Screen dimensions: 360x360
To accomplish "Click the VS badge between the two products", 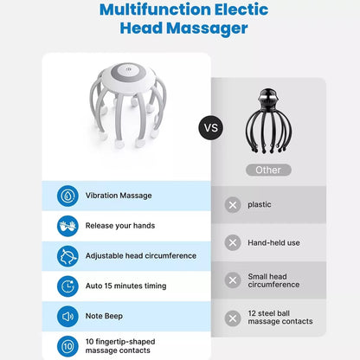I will click(x=211, y=129).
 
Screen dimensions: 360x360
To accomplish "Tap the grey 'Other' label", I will click(x=268, y=170).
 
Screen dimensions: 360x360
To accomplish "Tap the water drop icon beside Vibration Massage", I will click(x=67, y=196).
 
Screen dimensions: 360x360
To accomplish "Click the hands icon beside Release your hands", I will click(x=67, y=226).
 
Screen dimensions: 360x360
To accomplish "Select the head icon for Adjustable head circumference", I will click(x=67, y=256).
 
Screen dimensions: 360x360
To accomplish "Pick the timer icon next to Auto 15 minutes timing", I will click(x=67, y=286).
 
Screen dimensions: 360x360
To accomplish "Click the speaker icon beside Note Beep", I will click(x=67, y=316).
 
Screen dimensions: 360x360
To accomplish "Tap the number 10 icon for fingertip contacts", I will click(x=67, y=346).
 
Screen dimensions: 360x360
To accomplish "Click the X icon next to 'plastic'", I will click(x=232, y=205).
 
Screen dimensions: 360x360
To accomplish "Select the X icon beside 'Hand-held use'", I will click(x=232, y=243).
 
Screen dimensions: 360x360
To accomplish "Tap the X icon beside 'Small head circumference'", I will click(x=232, y=280).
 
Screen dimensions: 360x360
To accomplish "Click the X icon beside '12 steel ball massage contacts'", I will click(x=232, y=318).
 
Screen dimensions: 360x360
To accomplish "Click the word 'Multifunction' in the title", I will click(x=154, y=10).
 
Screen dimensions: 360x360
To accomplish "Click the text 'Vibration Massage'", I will click(x=119, y=196).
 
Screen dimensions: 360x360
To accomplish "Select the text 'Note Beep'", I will click(x=106, y=316).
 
